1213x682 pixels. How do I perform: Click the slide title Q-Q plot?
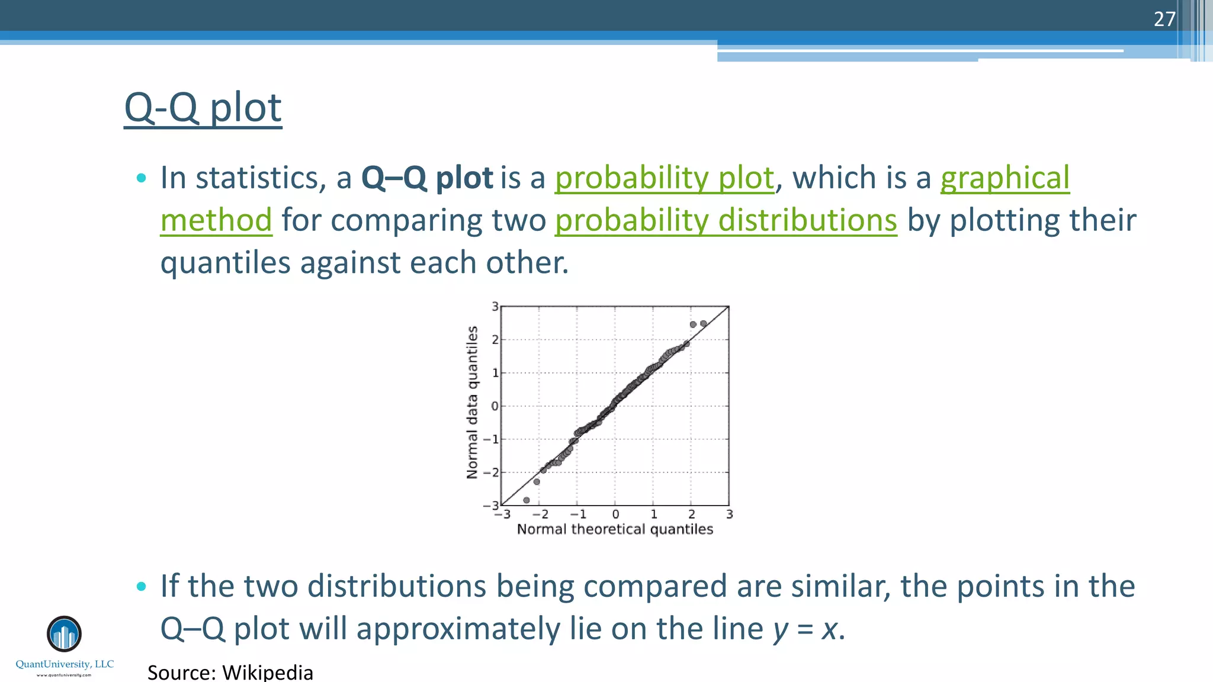pyautogui.click(x=203, y=108)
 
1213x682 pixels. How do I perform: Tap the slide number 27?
pyautogui.click(x=1164, y=19)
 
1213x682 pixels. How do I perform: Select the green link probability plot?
pyautogui.click(x=664, y=178)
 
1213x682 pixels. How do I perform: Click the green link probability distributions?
pyautogui.click(x=726, y=220)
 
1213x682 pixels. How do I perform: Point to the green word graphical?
pyautogui.click(x=1005, y=178)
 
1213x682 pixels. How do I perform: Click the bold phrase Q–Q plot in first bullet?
pyautogui.click(x=426, y=178)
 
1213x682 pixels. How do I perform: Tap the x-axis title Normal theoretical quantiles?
pyautogui.click(x=615, y=529)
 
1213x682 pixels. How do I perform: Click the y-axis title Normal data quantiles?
pyautogui.click(x=472, y=403)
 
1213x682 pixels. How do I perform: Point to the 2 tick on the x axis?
pyautogui.click(x=691, y=514)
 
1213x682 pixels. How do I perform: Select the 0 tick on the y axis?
pyautogui.click(x=495, y=406)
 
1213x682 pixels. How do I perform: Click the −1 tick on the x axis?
pyautogui.click(x=578, y=514)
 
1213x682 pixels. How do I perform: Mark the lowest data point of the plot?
pyautogui.click(x=527, y=500)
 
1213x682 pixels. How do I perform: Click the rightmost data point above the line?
pyautogui.click(x=704, y=324)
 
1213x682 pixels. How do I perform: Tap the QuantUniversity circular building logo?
pyautogui.click(x=64, y=633)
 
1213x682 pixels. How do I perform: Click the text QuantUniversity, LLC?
pyautogui.click(x=65, y=664)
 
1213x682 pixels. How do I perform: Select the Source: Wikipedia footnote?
pyautogui.click(x=230, y=673)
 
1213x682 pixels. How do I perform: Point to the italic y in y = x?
pyautogui.click(x=781, y=629)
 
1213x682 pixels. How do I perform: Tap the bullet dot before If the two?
pyautogui.click(x=141, y=587)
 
